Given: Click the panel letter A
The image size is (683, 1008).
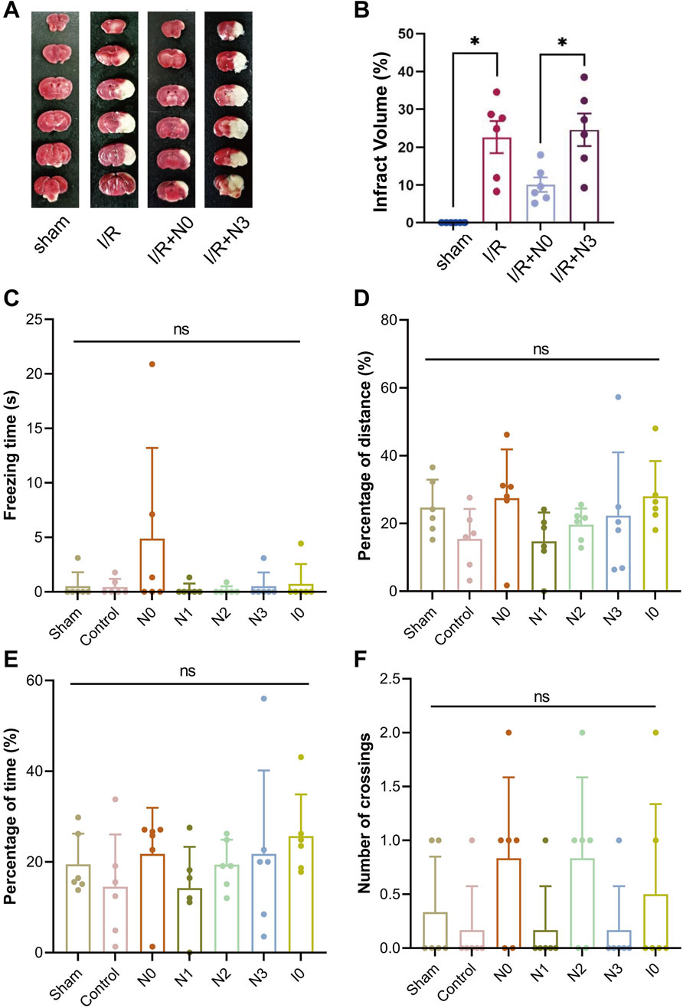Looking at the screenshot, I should click(12, 14).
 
